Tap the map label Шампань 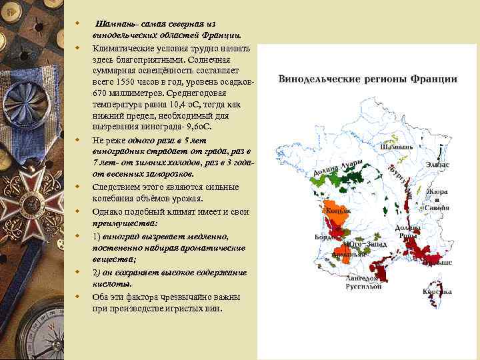pyautogui.click(x=396, y=147)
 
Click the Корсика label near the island pyautogui.click(x=437, y=291)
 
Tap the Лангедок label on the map pyautogui.click(x=363, y=278)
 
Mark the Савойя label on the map pyautogui.click(x=437, y=207)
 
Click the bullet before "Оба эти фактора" pyautogui.click(x=77, y=297)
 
